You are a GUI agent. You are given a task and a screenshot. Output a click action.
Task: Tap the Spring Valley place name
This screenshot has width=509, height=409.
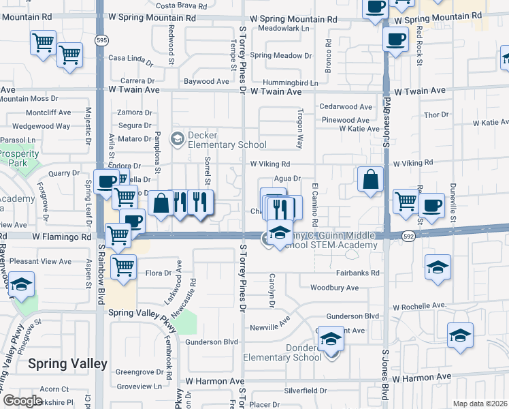tap(67, 364)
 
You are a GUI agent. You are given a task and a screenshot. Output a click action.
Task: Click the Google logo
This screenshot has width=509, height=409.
tap(22, 401)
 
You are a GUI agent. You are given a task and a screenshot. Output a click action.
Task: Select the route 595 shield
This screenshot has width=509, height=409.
tap(101, 41)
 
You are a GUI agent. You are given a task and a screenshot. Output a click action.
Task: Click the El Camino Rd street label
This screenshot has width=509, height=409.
tap(314, 204)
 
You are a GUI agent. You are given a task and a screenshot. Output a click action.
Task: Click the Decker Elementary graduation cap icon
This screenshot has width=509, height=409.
tap(177, 140)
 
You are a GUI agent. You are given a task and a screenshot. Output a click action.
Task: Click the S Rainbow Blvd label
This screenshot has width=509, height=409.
tap(101, 266)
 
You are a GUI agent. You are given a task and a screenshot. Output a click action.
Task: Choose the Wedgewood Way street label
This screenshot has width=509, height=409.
tap(41, 126)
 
